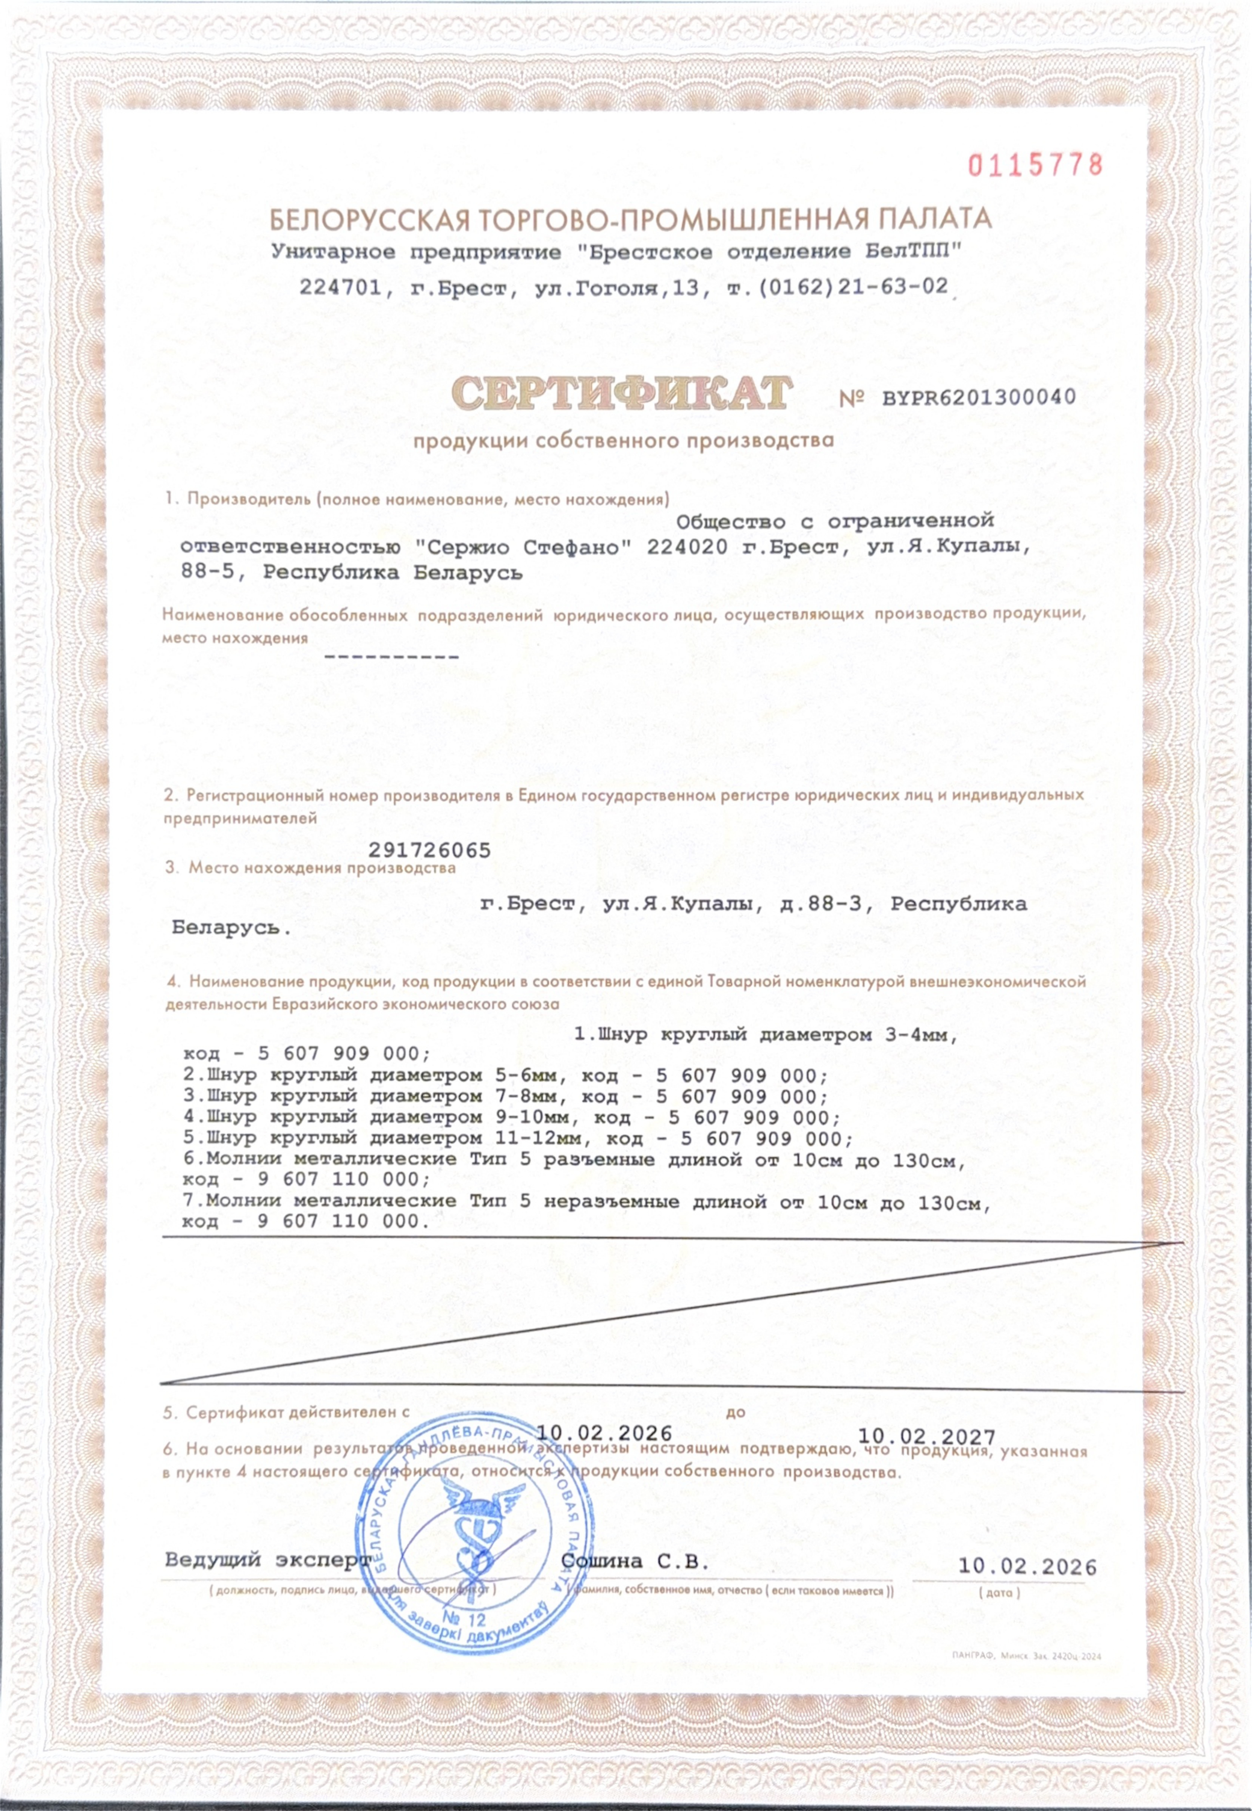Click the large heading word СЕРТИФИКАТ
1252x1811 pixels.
621,393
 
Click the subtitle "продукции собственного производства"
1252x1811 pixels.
624,441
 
